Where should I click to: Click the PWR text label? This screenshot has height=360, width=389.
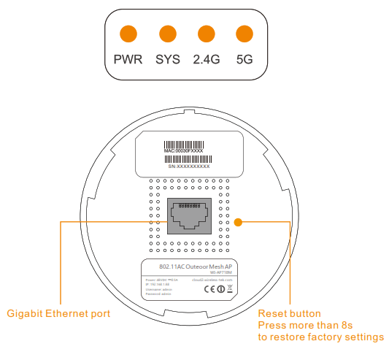click(x=128, y=58)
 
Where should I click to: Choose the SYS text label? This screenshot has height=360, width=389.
click(x=167, y=58)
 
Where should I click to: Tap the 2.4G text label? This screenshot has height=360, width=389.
click(x=206, y=58)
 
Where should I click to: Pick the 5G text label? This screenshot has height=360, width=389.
click(x=244, y=58)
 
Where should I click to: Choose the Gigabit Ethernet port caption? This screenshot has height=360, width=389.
click(x=58, y=314)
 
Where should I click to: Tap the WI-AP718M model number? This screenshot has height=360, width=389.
click(x=220, y=274)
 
